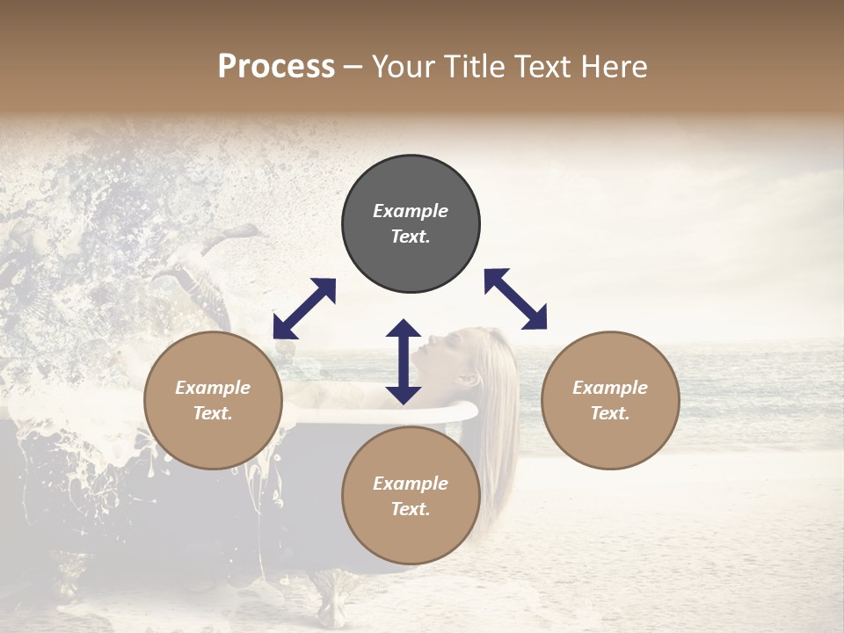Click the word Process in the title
click(x=276, y=67)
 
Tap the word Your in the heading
click(x=405, y=67)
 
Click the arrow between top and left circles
click(x=304, y=309)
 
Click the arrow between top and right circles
click(x=515, y=299)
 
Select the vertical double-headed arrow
click(x=404, y=361)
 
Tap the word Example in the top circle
click(x=411, y=211)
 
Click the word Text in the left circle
click(x=213, y=413)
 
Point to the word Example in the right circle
click(x=610, y=388)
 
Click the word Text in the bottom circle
click(x=411, y=509)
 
